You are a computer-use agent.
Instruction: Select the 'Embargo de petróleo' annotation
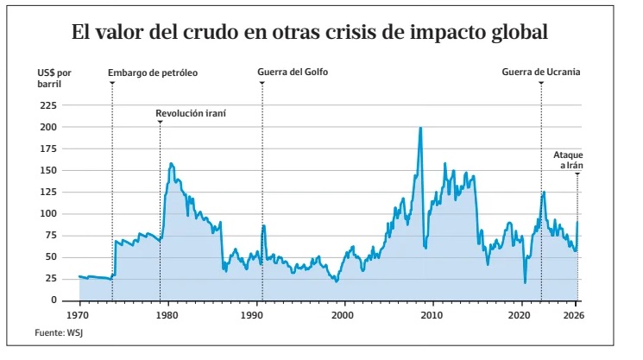pos(153,73)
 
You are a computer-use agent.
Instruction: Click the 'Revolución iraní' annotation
pos(196,113)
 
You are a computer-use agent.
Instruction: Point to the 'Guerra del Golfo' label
pos(293,73)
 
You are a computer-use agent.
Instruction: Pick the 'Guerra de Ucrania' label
pos(541,73)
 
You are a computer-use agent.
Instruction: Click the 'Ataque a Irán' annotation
pos(568,159)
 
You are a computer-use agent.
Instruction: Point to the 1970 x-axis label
pos(79,316)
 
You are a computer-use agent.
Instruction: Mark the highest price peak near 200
pos(420,129)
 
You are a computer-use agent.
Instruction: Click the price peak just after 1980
pos(171,163)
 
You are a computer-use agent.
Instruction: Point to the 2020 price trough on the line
pos(525,281)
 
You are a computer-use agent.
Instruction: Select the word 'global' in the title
pos(515,35)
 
